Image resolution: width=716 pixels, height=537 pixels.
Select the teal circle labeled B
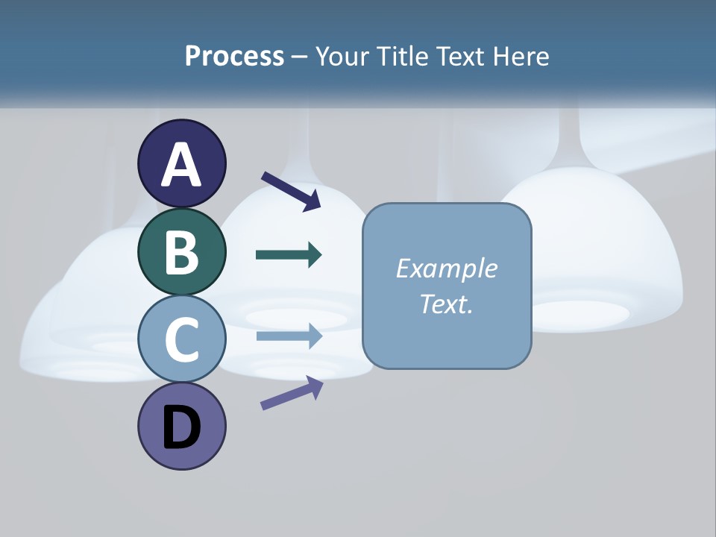click(182, 252)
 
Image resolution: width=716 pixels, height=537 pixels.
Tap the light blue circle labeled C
click(182, 339)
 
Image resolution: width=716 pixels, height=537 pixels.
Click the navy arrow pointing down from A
click(292, 190)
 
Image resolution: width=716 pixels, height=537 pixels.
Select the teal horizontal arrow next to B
click(289, 255)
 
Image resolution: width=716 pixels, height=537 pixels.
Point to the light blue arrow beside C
click(289, 336)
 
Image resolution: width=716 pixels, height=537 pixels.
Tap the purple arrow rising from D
click(292, 393)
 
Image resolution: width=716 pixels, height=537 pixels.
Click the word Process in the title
click(234, 57)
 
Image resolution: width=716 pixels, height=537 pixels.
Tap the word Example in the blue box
click(446, 268)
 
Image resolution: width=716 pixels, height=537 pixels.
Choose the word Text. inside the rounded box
click(446, 304)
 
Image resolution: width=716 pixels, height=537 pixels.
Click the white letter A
click(182, 165)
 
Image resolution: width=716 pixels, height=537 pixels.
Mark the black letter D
click(182, 428)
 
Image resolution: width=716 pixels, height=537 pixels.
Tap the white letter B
click(182, 252)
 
